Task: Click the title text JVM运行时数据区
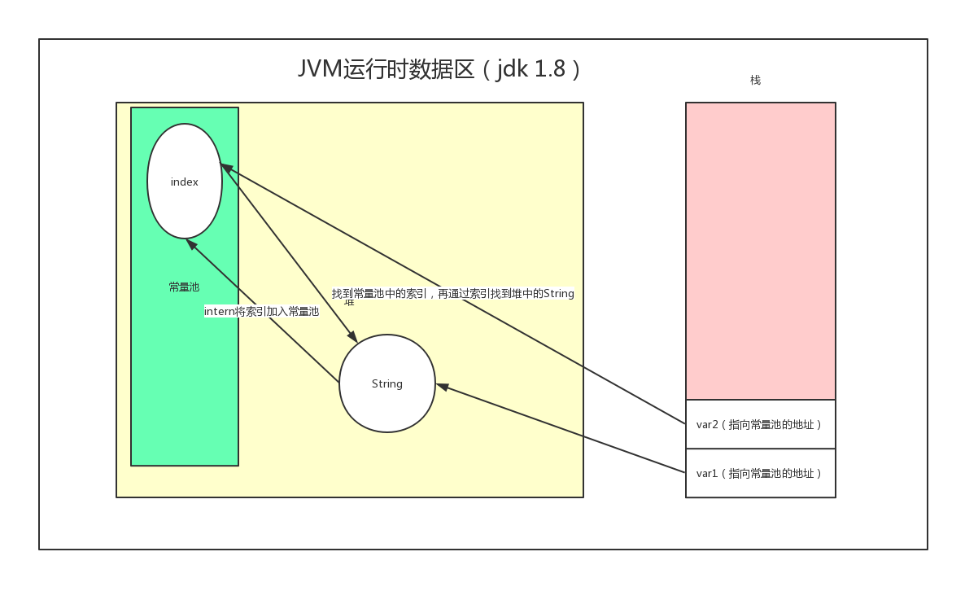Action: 386,69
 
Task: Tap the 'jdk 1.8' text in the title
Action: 531,69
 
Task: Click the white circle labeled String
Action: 387,403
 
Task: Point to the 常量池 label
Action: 184,287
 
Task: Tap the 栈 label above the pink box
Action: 755,80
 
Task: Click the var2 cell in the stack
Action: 760,424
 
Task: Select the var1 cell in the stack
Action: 760,473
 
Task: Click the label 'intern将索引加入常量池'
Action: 261,311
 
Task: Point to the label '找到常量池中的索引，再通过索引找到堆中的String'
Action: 452,293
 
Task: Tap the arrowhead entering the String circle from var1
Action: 442,386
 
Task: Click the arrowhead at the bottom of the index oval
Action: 191,243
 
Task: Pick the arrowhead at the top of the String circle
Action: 352,337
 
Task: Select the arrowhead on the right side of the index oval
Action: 226,167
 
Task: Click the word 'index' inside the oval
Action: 185,182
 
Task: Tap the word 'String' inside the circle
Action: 387,384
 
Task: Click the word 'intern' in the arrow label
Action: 219,311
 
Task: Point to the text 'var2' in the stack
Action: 706,424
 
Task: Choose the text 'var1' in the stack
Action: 706,473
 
